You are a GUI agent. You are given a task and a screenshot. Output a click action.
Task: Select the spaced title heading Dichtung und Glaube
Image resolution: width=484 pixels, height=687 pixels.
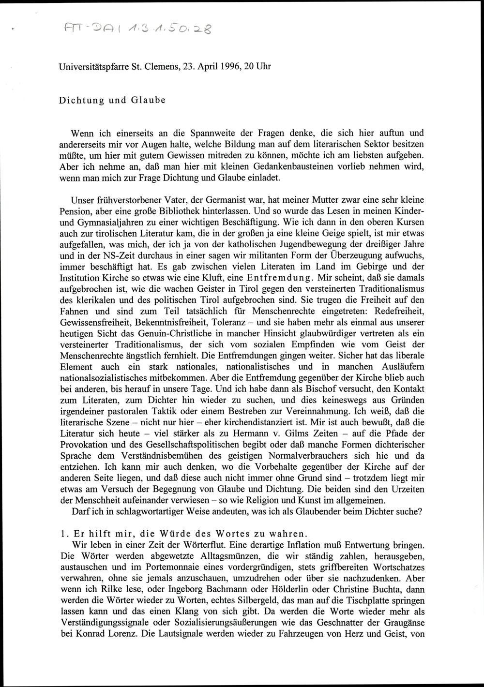112,101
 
